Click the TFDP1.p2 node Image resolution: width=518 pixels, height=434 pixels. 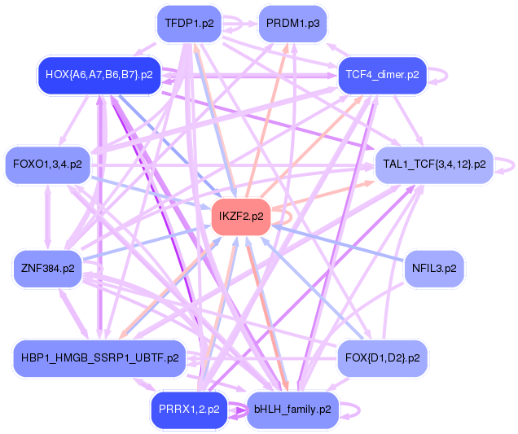(189, 23)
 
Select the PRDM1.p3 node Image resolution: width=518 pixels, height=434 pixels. (292, 23)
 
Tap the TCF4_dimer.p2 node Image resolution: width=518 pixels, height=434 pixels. (382, 75)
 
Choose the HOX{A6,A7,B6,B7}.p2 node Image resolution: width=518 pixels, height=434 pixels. (99, 75)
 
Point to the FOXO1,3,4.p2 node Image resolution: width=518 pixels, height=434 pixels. (47, 164)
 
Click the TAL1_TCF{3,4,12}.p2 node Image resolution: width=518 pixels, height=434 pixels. (433, 164)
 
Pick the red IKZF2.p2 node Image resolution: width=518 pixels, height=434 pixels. (241, 217)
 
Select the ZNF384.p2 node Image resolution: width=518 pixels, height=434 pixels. (47, 268)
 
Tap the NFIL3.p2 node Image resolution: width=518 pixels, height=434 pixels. (434, 268)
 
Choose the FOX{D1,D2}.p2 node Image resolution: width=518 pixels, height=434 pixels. (382, 357)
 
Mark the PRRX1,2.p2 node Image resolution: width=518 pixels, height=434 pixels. (189, 410)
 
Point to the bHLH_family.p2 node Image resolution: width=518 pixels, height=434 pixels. (292, 410)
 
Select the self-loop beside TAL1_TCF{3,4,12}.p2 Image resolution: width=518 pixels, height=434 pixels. (509, 164)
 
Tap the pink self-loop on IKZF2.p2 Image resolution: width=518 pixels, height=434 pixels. (288, 217)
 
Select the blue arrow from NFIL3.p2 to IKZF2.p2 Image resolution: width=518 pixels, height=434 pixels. (342, 243)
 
